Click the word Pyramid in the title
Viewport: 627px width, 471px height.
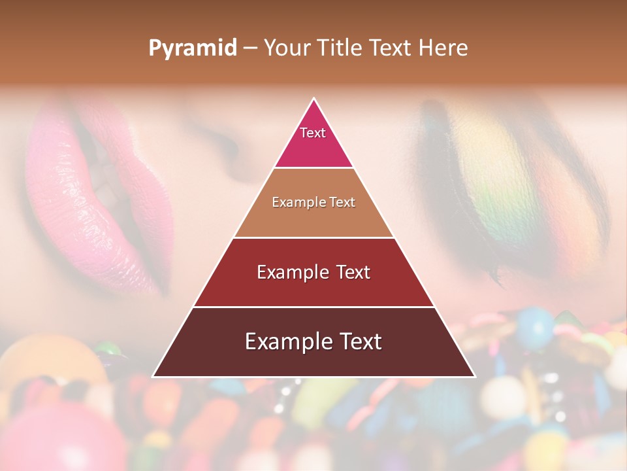192,48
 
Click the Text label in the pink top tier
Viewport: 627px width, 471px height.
313,133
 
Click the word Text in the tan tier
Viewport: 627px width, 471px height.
342,202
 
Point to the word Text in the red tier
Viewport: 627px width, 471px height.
353,272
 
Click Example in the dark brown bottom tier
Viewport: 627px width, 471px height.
287,341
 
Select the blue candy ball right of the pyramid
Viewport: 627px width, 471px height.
534,327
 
